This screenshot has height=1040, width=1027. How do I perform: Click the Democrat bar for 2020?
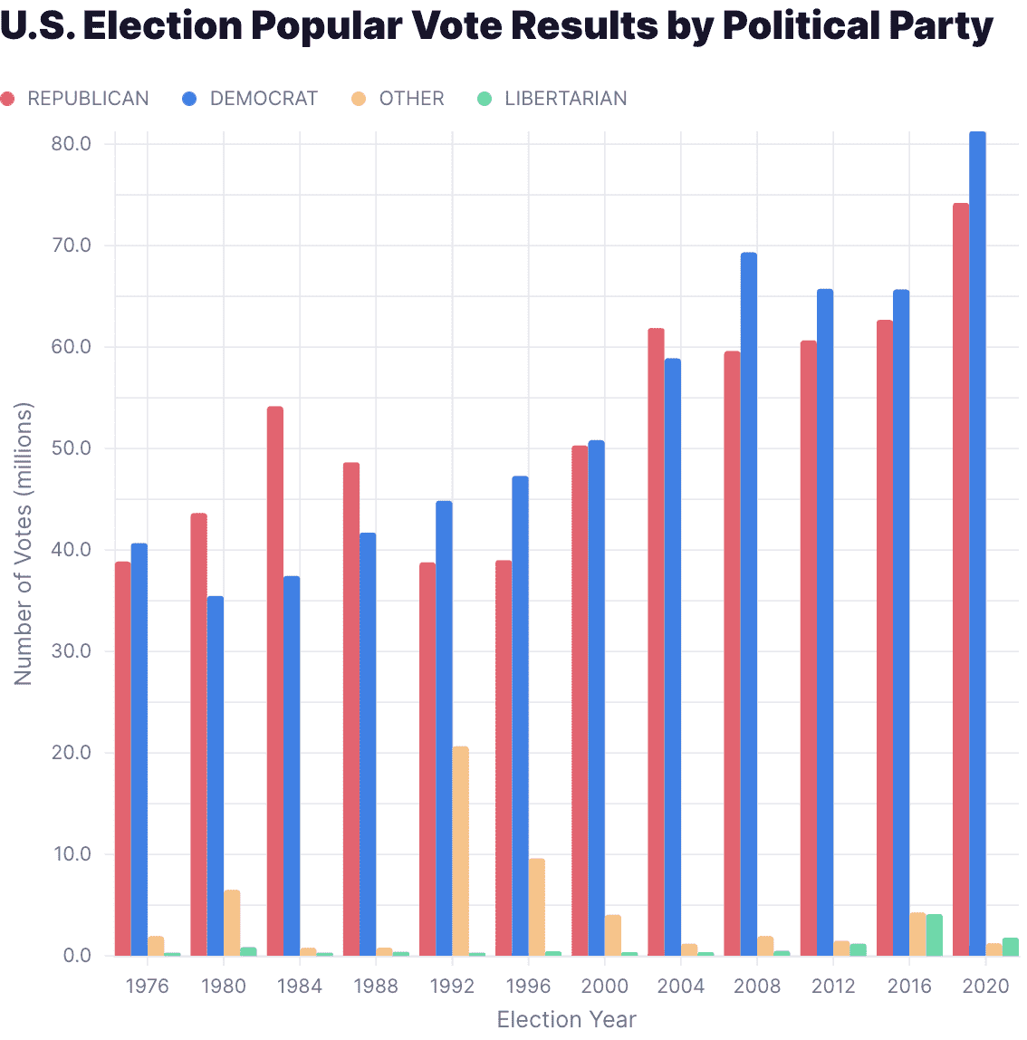point(977,544)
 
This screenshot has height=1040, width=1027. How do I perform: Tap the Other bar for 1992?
point(461,851)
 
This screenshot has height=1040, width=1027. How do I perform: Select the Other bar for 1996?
point(537,907)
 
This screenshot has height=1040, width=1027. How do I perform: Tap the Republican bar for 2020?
point(960,580)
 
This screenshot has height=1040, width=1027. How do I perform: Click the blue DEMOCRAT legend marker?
point(189,99)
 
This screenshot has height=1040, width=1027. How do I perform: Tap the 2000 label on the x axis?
point(604,986)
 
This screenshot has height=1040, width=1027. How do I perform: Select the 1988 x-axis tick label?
point(376,986)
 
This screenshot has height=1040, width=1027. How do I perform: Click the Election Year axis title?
point(566,1019)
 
